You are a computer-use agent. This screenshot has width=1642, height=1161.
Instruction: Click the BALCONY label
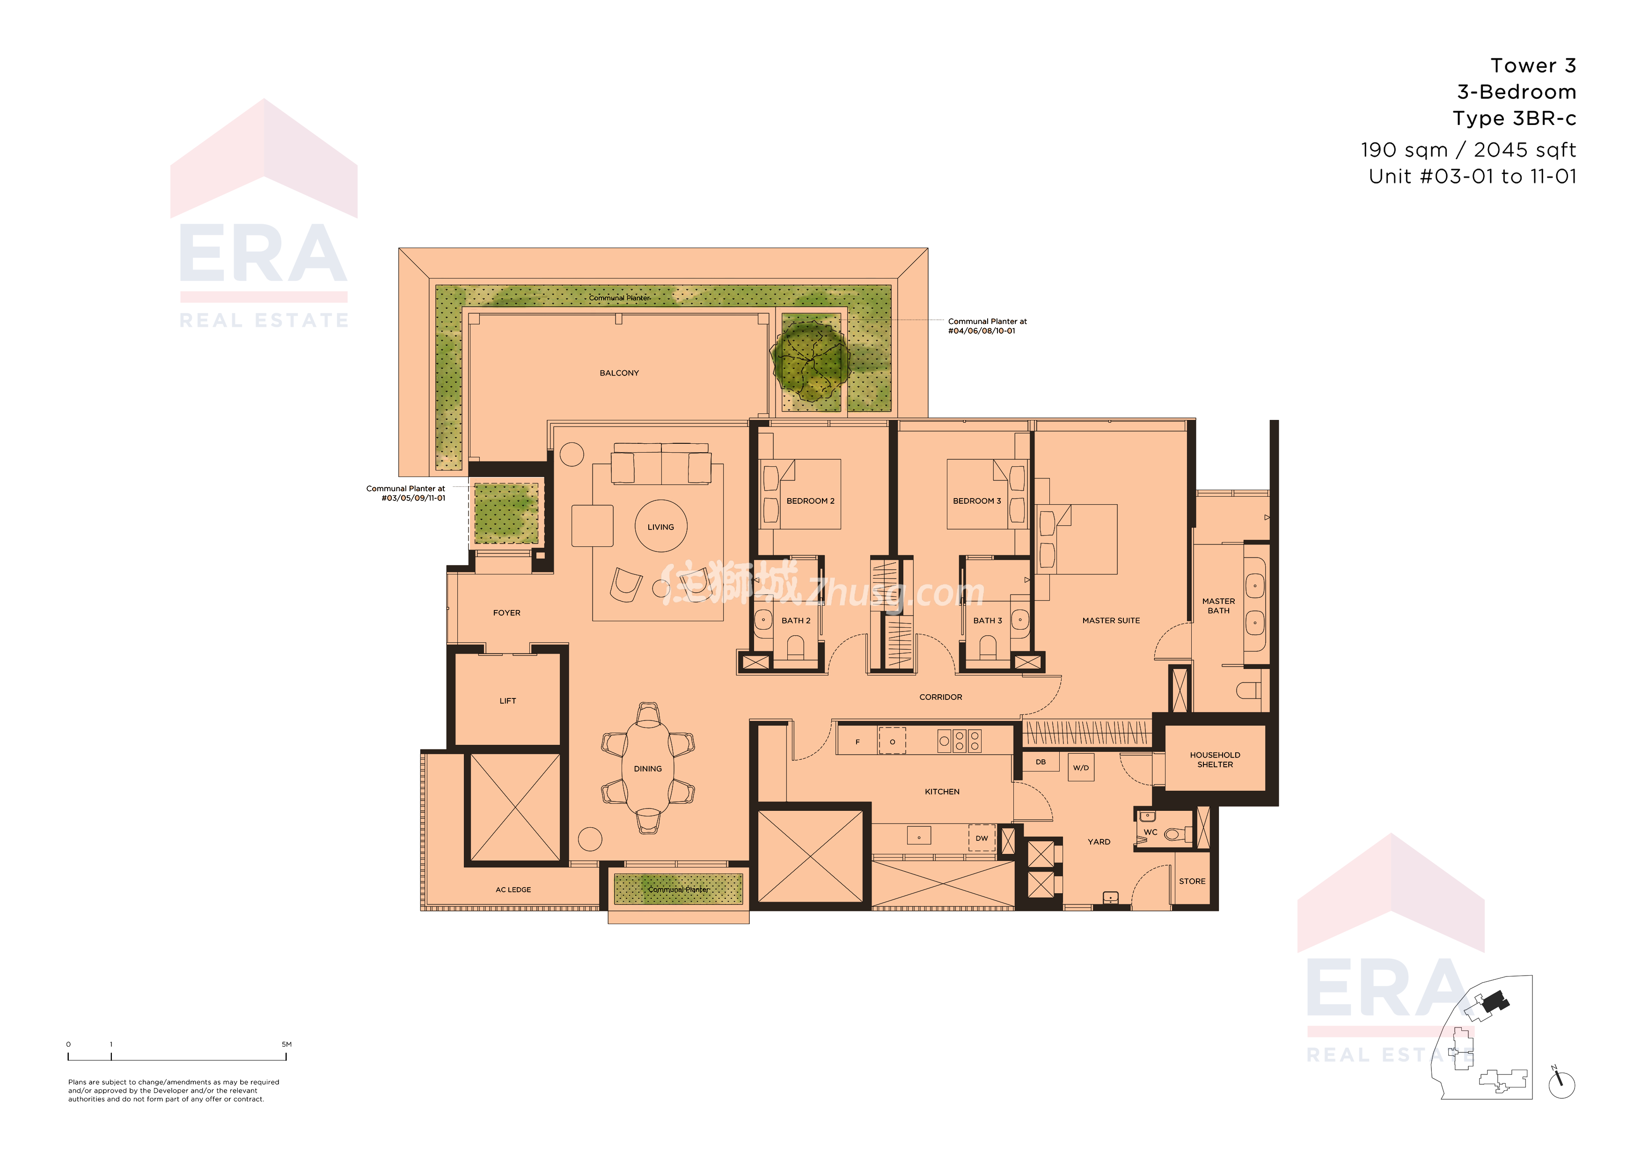[619, 373]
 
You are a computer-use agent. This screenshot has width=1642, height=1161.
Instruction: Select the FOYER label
[506, 613]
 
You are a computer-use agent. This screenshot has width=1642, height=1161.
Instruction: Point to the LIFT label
[508, 701]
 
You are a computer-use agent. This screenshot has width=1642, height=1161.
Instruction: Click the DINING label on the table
[647, 769]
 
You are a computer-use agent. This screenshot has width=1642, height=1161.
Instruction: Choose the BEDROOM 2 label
[810, 501]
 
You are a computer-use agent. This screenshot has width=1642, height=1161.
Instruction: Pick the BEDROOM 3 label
[977, 501]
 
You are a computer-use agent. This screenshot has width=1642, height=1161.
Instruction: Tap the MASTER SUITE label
[1111, 620]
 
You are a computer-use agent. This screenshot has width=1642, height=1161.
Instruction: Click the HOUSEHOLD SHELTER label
[1215, 760]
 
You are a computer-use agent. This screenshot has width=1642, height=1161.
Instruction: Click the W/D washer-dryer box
[1081, 768]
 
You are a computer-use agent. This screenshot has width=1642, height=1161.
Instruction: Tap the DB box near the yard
[1041, 762]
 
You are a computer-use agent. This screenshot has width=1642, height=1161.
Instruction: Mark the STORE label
[1192, 882]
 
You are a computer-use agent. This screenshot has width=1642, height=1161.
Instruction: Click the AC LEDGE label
[513, 890]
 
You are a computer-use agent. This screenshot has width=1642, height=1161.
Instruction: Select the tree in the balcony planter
[810, 360]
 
